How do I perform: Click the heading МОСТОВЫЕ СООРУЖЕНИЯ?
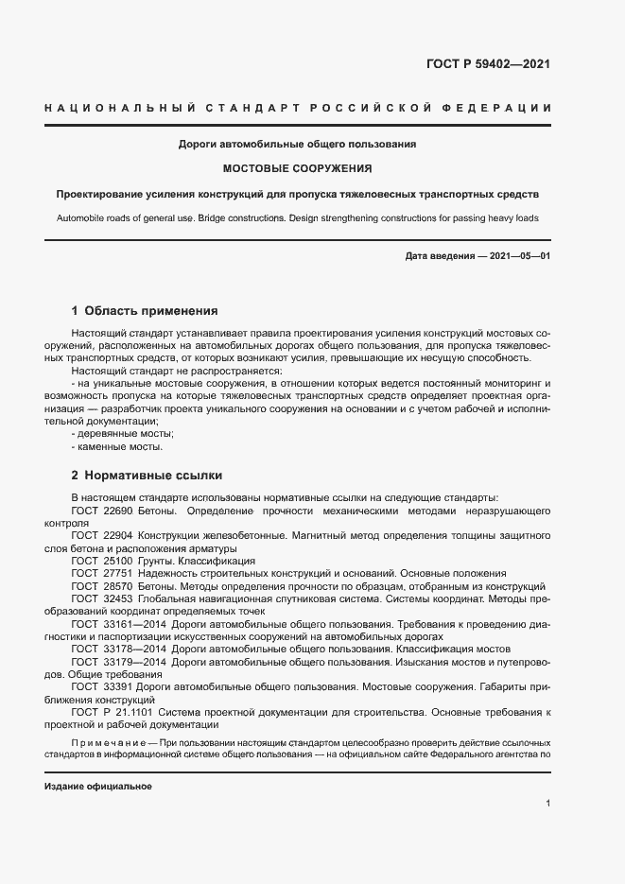(297, 169)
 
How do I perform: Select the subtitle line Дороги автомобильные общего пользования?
(298, 145)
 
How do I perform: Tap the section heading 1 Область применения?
(145, 310)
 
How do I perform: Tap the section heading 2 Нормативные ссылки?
(147, 475)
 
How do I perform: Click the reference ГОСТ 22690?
(101, 511)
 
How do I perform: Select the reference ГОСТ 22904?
(101, 536)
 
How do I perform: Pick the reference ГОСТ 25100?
(101, 561)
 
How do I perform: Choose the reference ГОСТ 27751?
(101, 573)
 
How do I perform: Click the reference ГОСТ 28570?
(101, 586)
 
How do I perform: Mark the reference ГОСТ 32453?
(101, 598)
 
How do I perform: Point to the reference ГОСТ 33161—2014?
(118, 625)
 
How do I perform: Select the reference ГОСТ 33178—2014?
(118, 650)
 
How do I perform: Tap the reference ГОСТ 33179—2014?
(118, 662)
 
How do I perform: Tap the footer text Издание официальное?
(98, 787)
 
